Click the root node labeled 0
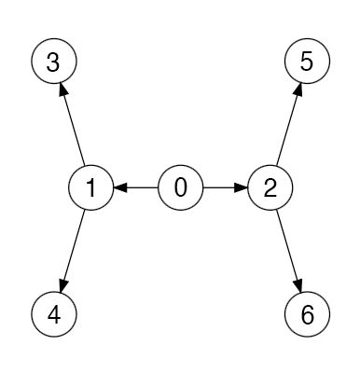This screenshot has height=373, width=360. pos(181,187)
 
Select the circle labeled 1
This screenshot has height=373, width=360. pos(91,187)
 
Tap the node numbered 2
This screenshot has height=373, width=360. pos(270,187)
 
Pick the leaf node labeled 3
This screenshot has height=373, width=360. pos(54,62)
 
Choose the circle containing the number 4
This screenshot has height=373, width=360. pos(54,313)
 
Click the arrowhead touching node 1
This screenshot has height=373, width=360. pos(120,187)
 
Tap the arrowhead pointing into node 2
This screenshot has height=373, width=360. pos(242,187)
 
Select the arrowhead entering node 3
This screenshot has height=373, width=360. pos(63,90)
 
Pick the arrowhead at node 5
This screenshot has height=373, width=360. pos(298,90)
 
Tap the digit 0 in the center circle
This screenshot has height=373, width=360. pos(181,187)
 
